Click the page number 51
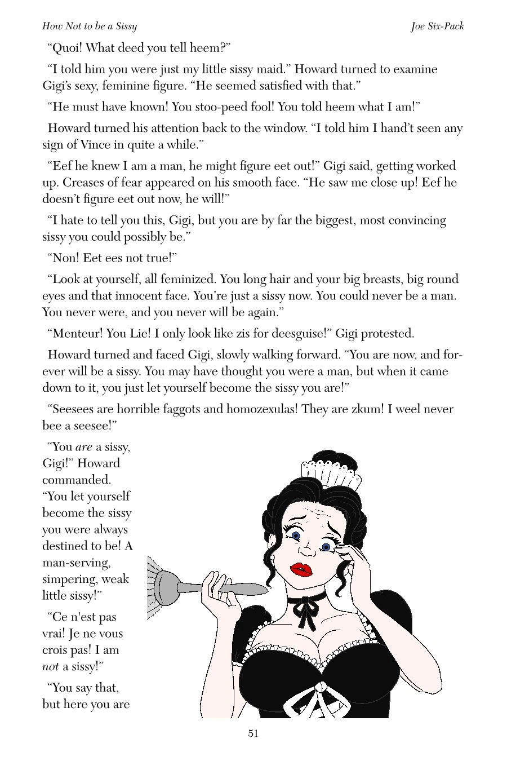(253, 733)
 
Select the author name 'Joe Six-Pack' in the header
(437, 26)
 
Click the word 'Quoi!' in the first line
(66, 48)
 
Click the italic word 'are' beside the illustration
(83, 447)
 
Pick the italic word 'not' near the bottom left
(51, 666)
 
